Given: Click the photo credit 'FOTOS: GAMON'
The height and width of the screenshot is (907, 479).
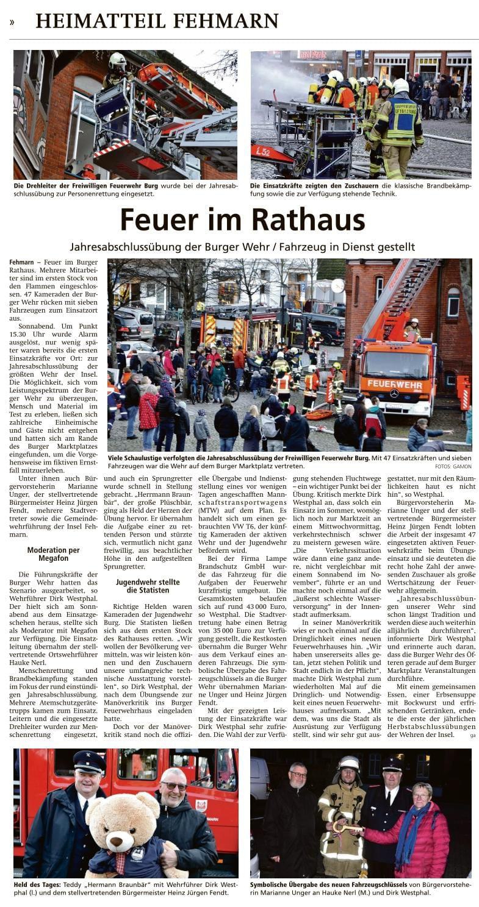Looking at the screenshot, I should [x=453, y=466].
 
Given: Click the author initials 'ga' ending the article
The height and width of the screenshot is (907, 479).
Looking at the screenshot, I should [x=472, y=736].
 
